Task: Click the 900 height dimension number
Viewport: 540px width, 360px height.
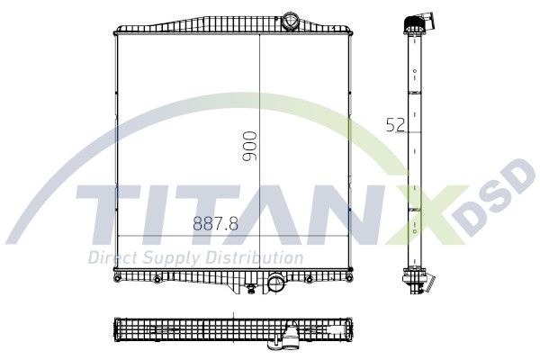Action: click(x=249, y=146)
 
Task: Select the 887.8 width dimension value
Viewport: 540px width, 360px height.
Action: click(x=216, y=223)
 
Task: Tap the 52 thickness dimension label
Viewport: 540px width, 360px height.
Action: click(x=395, y=125)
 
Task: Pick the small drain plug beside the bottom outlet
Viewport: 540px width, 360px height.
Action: click(x=251, y=289)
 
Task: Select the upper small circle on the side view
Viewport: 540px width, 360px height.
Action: click(x=415, y=71)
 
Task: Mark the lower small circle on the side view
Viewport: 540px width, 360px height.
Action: click(x=415, y=230)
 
